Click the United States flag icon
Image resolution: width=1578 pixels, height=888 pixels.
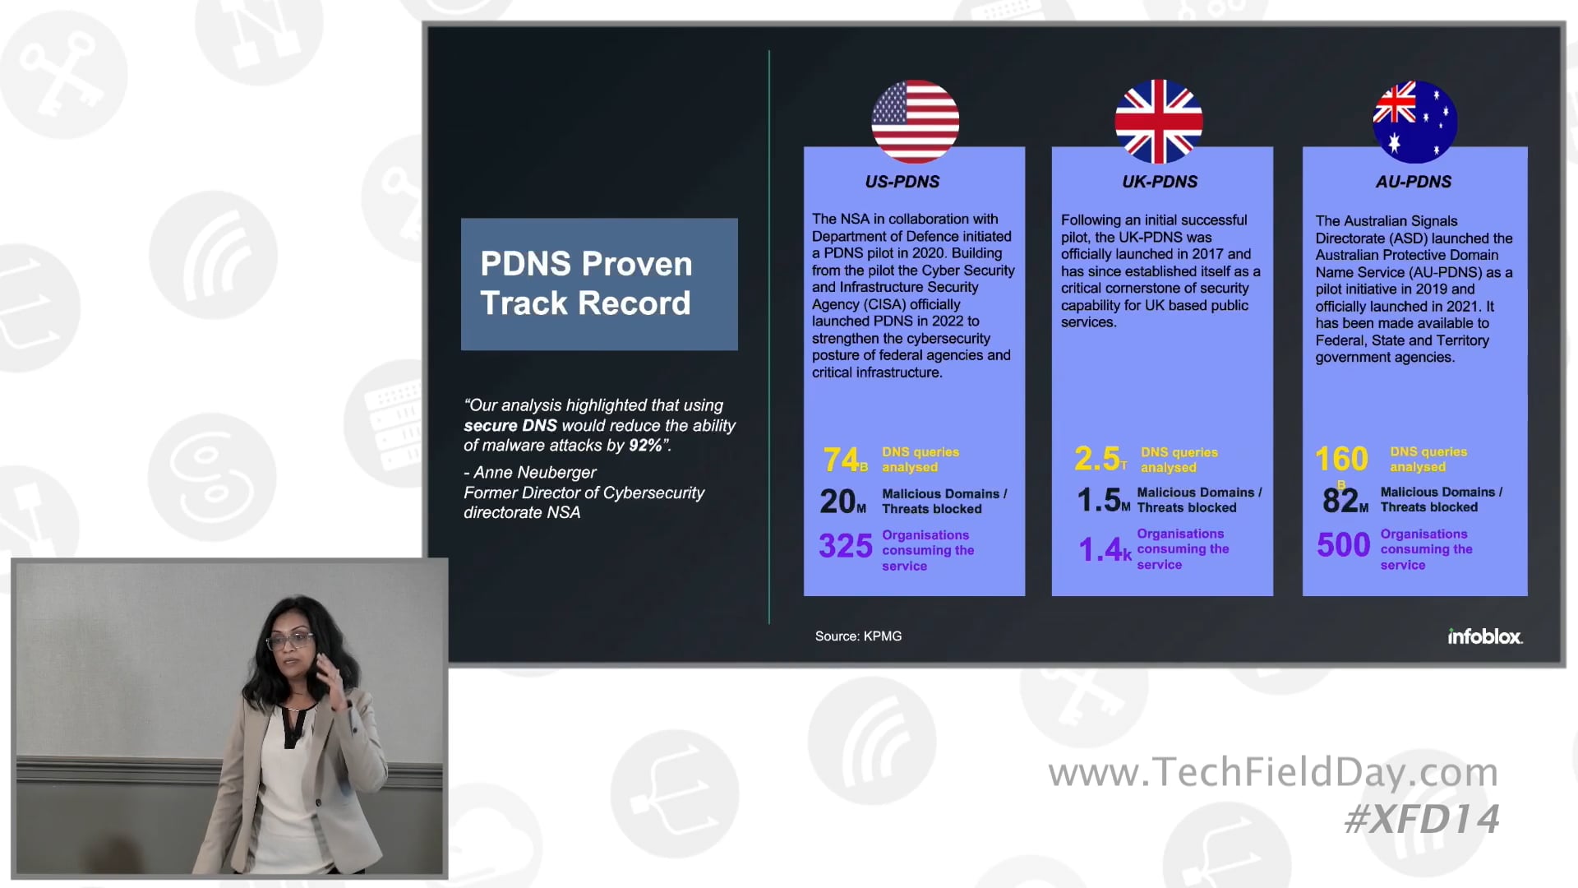click(915, 121)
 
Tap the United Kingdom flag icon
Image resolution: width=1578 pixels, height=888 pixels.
click(1158, 121)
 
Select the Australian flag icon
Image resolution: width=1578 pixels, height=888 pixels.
click(1414, 121)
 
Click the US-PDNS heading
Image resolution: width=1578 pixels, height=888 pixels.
click(902, 182)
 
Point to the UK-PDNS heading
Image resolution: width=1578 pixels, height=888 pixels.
click(1160, 182)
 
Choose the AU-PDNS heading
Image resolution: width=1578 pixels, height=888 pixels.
click(1414, 182)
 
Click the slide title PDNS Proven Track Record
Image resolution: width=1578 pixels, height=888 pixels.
click(586, 284)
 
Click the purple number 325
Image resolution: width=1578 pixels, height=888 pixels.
click(845, 546)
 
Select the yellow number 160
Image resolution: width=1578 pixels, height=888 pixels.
click(1341, 459)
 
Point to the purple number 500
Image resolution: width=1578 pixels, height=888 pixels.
click(1343, 545)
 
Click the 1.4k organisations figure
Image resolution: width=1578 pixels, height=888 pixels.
click(1104, 549)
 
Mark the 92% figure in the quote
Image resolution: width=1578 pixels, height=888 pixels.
click(645, 446)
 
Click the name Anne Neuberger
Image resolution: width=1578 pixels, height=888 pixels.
click(535, 473)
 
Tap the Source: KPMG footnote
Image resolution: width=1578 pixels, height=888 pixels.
click(858, 636)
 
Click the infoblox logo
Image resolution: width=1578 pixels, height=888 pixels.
click(1484, 636)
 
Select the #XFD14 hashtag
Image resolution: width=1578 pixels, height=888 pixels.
click(1421, 819)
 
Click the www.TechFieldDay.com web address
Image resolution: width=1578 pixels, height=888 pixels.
click(1272, 772)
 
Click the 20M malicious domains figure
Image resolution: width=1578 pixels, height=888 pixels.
click(842, 502)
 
